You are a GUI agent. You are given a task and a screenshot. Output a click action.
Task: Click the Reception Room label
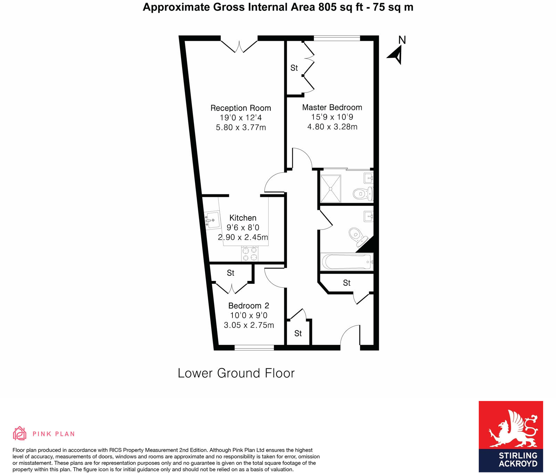pos(240,108)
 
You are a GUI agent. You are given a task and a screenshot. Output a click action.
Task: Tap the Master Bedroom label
pos(332,107)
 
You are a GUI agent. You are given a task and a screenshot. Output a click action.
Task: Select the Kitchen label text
pos(243,218)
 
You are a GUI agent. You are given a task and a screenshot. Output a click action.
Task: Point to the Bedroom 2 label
pos(248,306)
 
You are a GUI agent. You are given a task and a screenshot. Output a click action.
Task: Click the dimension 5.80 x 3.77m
pos(241,128)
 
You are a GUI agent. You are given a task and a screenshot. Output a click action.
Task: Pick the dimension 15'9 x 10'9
pos(332,117)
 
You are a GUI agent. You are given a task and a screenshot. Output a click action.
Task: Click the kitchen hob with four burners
pos(250,254)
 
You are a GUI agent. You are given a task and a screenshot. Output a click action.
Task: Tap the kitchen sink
pos(212,220)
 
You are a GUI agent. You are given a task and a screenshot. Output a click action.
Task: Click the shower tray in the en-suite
pos(330,189)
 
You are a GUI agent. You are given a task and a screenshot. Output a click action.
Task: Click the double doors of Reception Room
pos(239,47)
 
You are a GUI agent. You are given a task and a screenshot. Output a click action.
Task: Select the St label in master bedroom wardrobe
pos(294,68)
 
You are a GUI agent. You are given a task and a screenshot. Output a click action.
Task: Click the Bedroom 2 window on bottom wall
pos(254,347)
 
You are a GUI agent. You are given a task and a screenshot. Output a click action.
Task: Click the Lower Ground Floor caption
pos(236,373)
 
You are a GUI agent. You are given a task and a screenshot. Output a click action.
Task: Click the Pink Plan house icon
pos(19,433)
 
